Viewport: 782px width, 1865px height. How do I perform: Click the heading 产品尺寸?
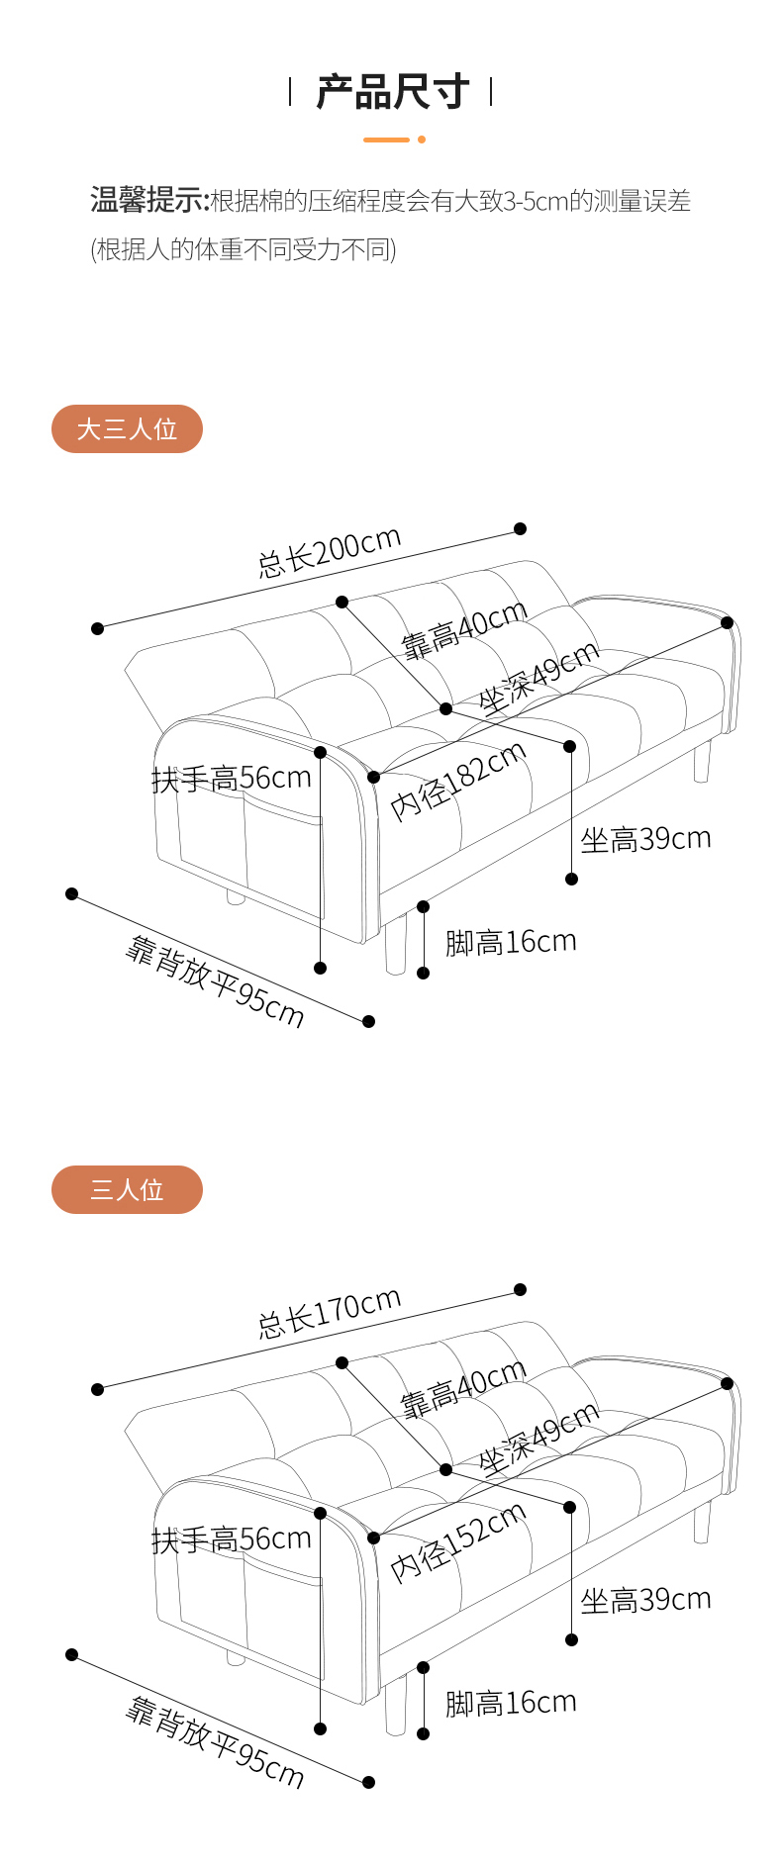pos(392,92)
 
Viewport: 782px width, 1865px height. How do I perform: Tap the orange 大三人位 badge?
pos(127,429)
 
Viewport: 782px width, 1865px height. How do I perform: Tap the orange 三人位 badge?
pos(127,1189)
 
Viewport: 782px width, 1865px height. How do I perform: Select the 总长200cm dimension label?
pos(330,552)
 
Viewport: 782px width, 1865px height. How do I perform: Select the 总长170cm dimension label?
pos(330,1313)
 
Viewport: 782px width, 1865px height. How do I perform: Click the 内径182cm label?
pos(457,782)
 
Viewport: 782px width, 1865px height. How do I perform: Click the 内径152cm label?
pos(457,1542)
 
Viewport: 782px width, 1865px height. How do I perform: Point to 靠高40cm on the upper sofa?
pos(463,630)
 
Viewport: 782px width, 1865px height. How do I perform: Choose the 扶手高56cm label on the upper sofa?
pos(232,779)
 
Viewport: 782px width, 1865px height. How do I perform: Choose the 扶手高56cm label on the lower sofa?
pos(232,1539)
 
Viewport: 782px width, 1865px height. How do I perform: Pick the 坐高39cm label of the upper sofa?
pos(645,840)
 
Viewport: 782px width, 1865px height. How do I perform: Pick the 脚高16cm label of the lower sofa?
pos(510,1703)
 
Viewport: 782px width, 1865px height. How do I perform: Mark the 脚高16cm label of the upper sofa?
pos(510,942)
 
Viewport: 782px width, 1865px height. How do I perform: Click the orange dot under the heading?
pos(422,140)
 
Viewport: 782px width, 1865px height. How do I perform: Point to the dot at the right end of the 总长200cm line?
pos(521,529)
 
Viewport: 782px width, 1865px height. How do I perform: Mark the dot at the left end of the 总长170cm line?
pos(97,1389)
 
